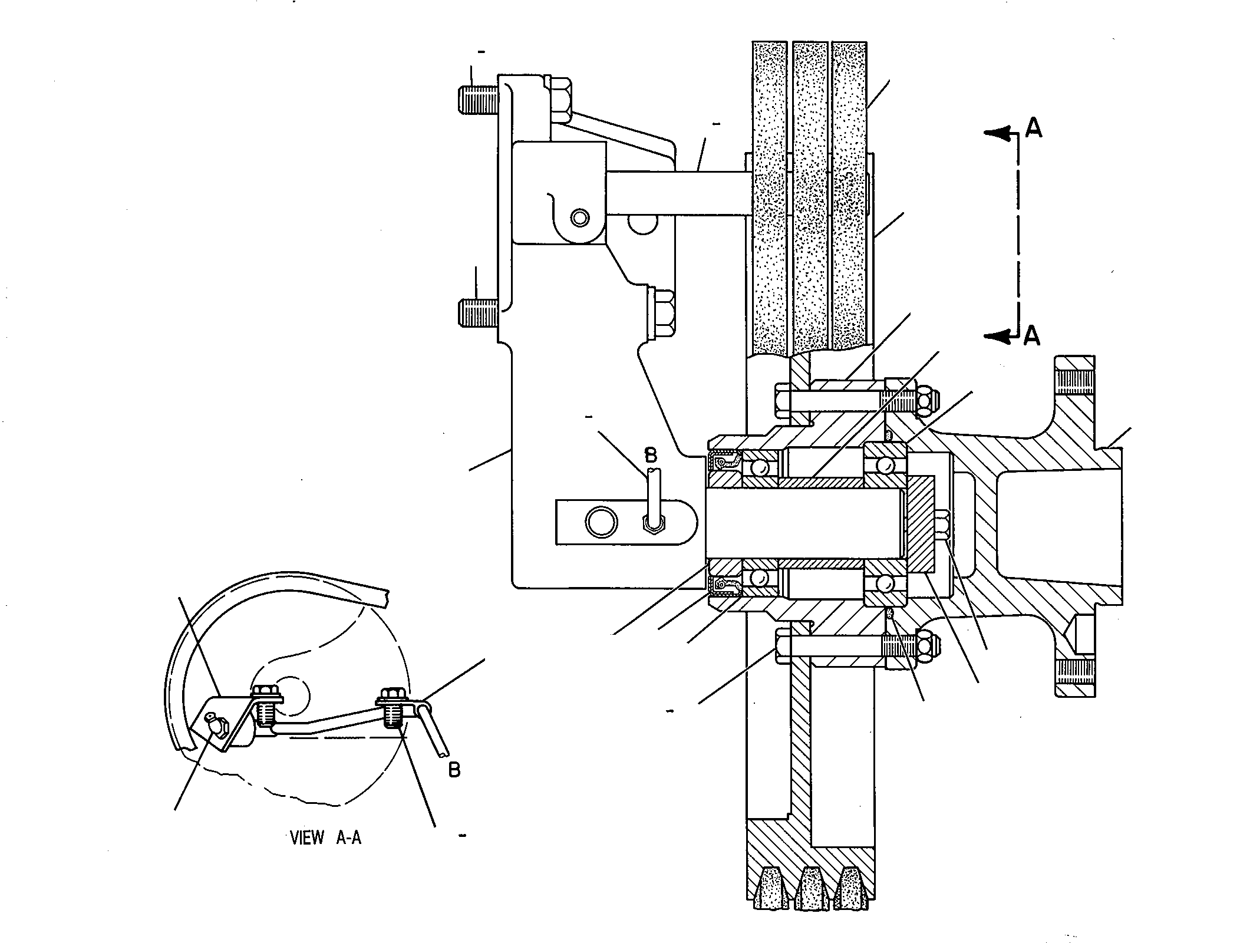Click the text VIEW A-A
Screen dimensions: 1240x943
pos(326,838)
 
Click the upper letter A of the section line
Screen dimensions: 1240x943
pos(1033,128)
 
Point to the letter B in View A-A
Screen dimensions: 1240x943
pos(454,770)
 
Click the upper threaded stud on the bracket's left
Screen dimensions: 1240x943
pos(478,100)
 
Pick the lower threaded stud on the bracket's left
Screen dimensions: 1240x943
pos(478,312)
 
